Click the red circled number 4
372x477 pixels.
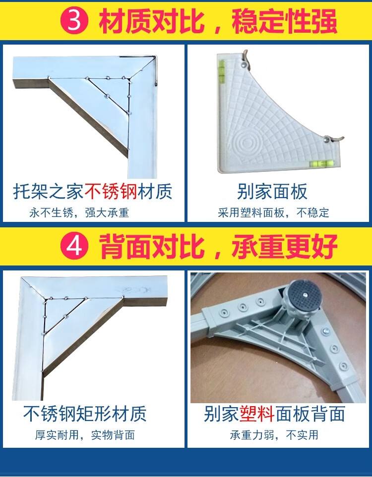pyautogui.click(x=74, y=246)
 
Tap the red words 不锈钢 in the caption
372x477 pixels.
pyautogui.click(x=111, y=191)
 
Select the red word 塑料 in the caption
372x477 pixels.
pyautogui.click(x=257, y=414)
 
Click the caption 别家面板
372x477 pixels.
pyautogui.click(x=272, y=191)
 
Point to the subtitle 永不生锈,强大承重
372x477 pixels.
pyautogui.click(x=79, y=212)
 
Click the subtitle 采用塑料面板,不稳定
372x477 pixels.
pyautogui.click(x=273, y=212)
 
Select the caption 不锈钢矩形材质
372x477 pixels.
pyautogui.click(x=85, y=414)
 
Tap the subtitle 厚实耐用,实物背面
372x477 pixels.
pyautogui.click(x=85, y=435)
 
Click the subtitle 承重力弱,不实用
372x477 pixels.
pyautogui.click(x=274, y=435)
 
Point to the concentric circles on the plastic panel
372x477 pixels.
pyautogui.click(x=247, y=142)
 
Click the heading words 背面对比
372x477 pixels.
pyautogui.click(x=151, y=246)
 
